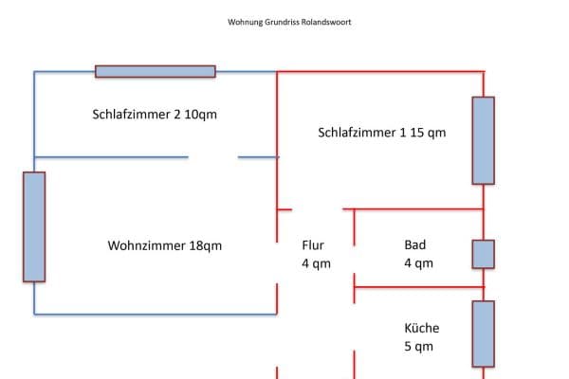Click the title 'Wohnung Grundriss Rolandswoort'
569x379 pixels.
(289, 22)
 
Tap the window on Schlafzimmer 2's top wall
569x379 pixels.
(155, 71)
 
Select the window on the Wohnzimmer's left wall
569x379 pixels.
(34, 226)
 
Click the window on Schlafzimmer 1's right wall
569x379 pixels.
(483, 140)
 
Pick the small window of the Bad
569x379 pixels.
(483, 254)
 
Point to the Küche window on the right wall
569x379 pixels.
(483, 334)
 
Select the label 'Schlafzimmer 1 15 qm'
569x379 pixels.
(381, 133)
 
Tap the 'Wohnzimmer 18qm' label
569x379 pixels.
(165, 245)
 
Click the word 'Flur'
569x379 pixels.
(313, 244)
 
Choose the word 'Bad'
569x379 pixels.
(414, 244)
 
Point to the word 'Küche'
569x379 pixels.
(422, 328)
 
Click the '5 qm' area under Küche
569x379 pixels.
(418, 347)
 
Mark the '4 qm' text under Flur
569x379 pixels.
(316, 263)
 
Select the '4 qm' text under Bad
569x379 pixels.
(418, 263)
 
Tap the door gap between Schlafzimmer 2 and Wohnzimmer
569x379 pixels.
(212, 157)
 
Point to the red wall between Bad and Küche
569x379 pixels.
(417, 285)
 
